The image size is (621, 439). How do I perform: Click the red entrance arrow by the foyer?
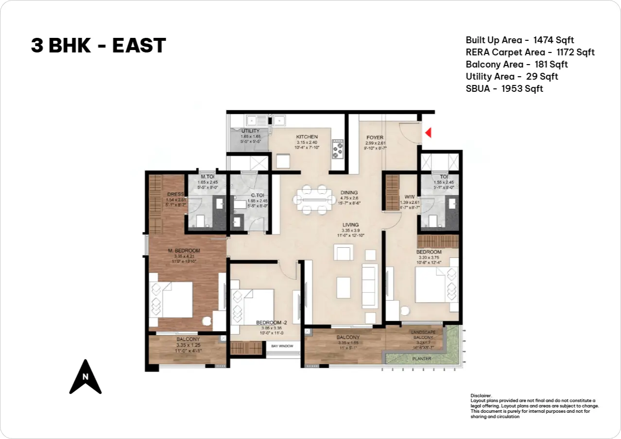(428, 132)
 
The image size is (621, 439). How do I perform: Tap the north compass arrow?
(86, 377)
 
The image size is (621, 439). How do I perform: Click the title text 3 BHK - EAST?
(98, 46)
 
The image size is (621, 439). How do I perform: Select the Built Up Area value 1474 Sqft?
(553, 40)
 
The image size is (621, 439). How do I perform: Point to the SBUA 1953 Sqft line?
(504, 89)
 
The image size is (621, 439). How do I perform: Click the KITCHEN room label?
(307, 137)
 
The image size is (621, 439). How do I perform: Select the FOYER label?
(375, 137)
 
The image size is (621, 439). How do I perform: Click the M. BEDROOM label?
(184, 251)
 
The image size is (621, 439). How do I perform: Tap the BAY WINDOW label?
(282, 346)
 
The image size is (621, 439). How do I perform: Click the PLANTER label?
(421, 359)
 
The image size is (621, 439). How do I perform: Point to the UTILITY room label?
(250, 131)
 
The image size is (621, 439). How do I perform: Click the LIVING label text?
(350, 225)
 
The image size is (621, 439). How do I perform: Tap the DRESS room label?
(175, 194)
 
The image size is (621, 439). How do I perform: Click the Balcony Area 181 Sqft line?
(516, 65)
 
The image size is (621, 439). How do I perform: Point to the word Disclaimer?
(481, 396)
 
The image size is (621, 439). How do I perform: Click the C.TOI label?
(251, 195)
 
